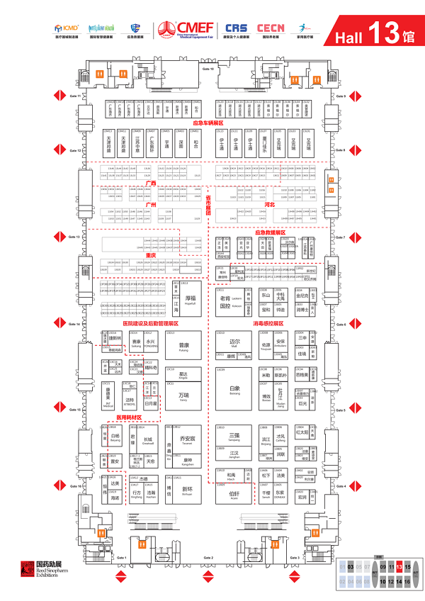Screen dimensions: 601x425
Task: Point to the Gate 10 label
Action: [x=208, y=69]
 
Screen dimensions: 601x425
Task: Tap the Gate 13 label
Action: [x=75, y=237]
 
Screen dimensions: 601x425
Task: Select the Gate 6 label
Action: [x=340, y=324]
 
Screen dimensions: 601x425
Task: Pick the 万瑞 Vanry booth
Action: [x=183, y=395]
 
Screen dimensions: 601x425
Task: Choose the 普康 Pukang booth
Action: [x=183, y=347]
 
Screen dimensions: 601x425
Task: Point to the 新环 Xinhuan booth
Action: [x=186, y=490]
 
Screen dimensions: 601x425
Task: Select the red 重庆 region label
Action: [x=150, y=254]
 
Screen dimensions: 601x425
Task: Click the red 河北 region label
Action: [x=269, y=204]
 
